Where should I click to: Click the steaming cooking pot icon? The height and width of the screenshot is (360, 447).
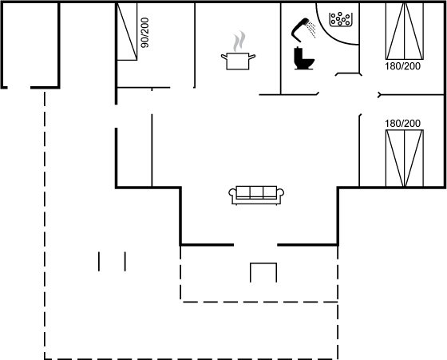238,51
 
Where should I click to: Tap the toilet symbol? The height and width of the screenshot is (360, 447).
304,58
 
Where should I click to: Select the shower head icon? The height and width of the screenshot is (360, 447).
299,30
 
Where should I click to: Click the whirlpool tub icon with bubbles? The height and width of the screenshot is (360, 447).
341,19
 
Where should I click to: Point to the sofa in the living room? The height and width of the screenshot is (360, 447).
256,196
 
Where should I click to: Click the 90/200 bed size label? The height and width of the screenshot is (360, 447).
144,33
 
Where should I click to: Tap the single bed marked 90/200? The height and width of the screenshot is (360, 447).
127,31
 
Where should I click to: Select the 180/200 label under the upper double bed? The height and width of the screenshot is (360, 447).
402,66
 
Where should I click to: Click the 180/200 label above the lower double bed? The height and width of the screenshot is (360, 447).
402,124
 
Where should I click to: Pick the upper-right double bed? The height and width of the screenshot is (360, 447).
405,31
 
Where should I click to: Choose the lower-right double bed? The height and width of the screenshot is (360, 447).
405,158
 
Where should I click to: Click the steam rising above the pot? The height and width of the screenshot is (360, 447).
239,41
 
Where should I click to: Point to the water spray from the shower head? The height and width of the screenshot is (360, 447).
312,30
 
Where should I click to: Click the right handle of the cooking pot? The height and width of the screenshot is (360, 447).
252,57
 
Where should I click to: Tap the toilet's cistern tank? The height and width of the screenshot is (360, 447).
299,53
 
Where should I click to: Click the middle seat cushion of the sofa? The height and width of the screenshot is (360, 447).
256,192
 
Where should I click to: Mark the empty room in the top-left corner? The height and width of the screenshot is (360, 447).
30,44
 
